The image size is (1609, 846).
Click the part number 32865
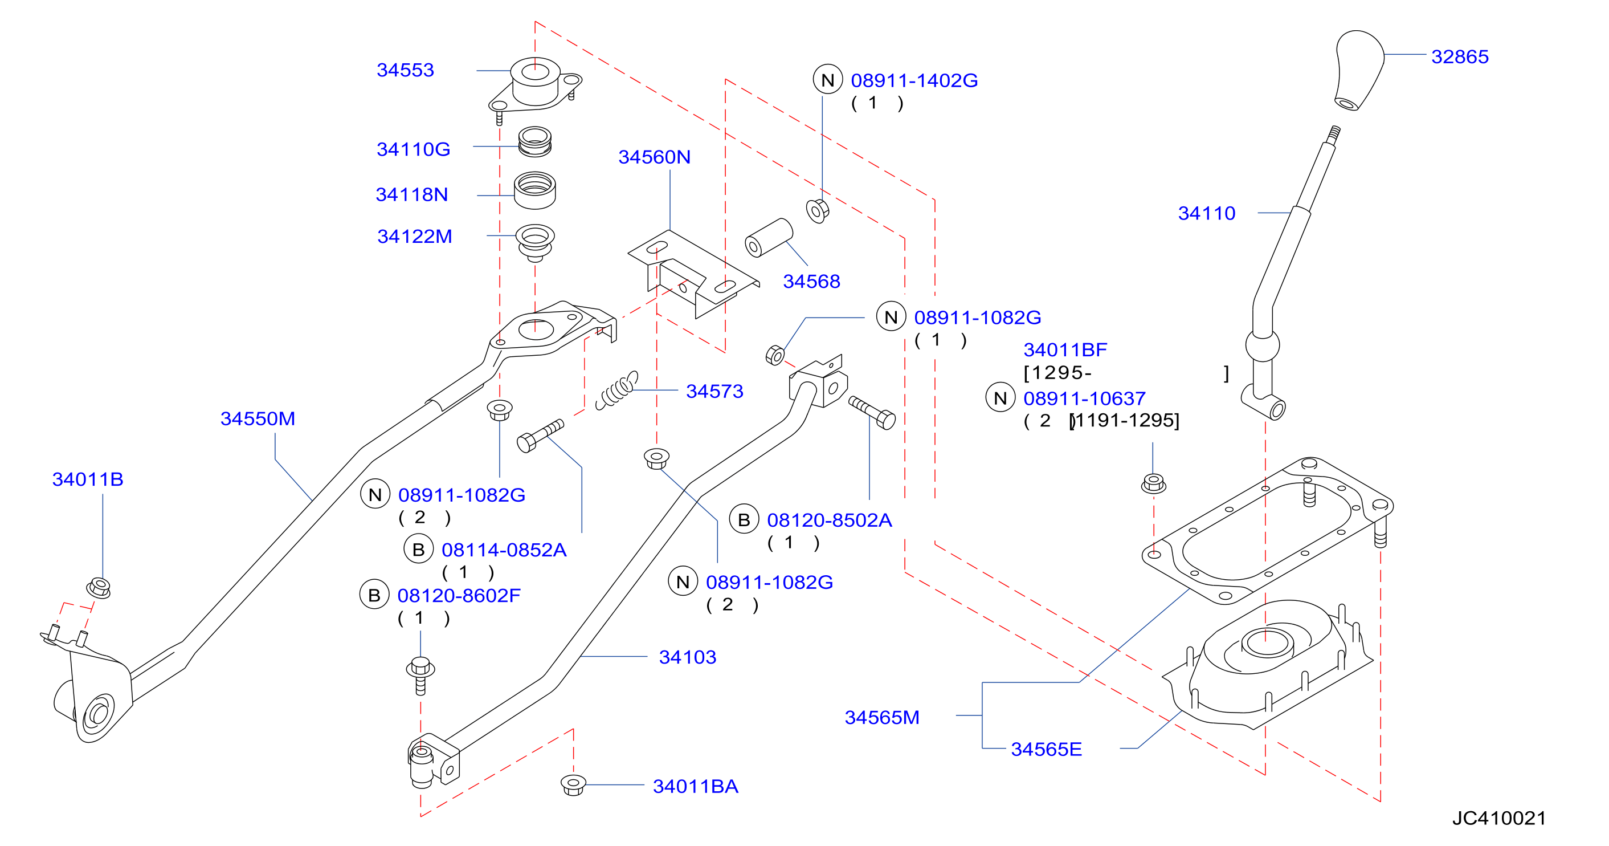coord(1459,57)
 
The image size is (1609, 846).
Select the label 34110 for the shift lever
coord(1206,213)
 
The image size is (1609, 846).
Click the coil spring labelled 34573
coord(617,390)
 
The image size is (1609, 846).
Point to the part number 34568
coord(811,281)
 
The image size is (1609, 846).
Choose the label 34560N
coord(654,157)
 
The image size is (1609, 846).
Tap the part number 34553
coord(405,70)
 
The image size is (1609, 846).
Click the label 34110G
coord(413,149)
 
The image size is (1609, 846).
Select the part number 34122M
coord(414,236)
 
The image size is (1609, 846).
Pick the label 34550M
coord(258,418)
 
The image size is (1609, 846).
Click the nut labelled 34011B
coord(99,588)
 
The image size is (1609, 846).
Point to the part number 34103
coord(687,657)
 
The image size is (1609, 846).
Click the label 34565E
coord(1046,749)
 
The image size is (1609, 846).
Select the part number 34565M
coord(882,717)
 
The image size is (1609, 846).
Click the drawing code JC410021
coord(1499,818)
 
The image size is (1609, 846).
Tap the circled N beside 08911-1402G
coord(828,79)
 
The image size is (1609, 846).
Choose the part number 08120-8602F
coord(459,595)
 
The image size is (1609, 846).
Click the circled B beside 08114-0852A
coord(419,549)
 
